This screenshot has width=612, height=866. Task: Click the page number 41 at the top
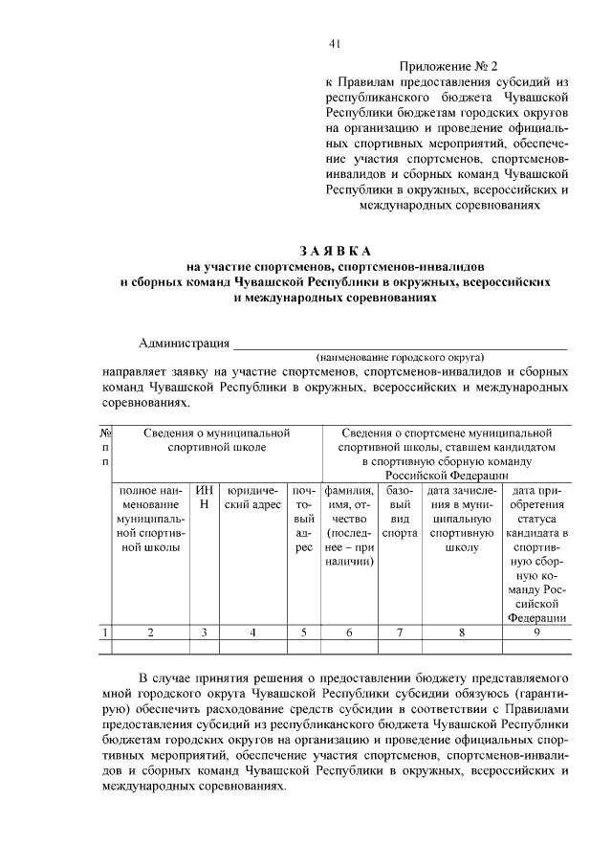[x=335, y=43]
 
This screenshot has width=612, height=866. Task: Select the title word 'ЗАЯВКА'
[x=334, y=249]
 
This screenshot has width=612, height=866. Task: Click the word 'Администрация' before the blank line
[x=185, y=344]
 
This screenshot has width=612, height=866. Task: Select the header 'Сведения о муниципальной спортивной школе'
[x=216, y=440]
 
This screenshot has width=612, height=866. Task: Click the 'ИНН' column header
[x=203, y=497]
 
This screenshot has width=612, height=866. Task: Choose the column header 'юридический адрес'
[x=251, y=497]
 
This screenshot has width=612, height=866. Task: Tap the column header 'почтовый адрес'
[x=302, y=518]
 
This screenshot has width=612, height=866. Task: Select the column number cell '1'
[x=104, y=632]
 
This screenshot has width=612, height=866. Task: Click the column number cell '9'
[x=537, y=632]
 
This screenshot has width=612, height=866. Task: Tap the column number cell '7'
[x=401, y=632]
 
